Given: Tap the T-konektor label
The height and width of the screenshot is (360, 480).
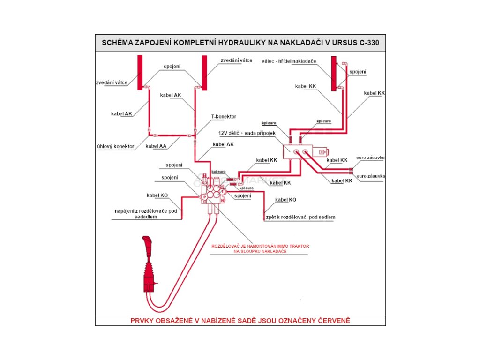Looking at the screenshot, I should click(x=224, y=116).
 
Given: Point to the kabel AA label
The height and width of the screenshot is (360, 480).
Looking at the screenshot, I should click(x=156, y=146).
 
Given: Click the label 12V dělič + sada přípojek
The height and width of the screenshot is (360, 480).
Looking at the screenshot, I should click(x=247, y=133).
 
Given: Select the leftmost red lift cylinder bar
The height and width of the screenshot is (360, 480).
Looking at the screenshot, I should click(x=140, y=72).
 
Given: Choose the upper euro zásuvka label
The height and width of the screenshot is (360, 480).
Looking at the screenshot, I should click(x=370, y=157).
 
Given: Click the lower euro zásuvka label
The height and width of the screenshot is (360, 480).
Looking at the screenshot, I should click(x=370, y=176).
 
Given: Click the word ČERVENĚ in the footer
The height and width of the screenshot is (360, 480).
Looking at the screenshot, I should click(x=331, y=321).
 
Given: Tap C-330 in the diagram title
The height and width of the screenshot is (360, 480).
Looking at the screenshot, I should click(x=369, y=42).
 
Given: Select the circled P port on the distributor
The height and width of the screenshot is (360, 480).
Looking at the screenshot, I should click(x=204, y=198).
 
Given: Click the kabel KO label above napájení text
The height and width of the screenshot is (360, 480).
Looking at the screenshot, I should click(x=157, y=195).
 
